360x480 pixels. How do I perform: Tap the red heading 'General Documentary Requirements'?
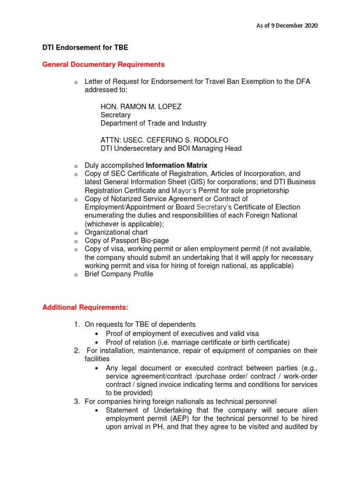[x=104, y=64]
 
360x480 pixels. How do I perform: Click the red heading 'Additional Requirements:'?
[x=85, y=307]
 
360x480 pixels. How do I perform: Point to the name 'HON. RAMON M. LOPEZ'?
[x=141, y=106]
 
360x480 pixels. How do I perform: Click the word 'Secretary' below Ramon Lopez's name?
[x=116, y=115]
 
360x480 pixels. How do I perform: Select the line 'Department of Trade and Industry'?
[x=153, y=123]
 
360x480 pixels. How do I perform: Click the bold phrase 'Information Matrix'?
[x=177, y=165]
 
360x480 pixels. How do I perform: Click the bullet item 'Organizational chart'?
[x=116, y=232]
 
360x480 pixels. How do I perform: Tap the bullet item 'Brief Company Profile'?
[x=119, y=274]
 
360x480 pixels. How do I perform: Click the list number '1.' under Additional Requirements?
[x=77, y=324]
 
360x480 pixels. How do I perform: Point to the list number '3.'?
[x=77, y=401]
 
